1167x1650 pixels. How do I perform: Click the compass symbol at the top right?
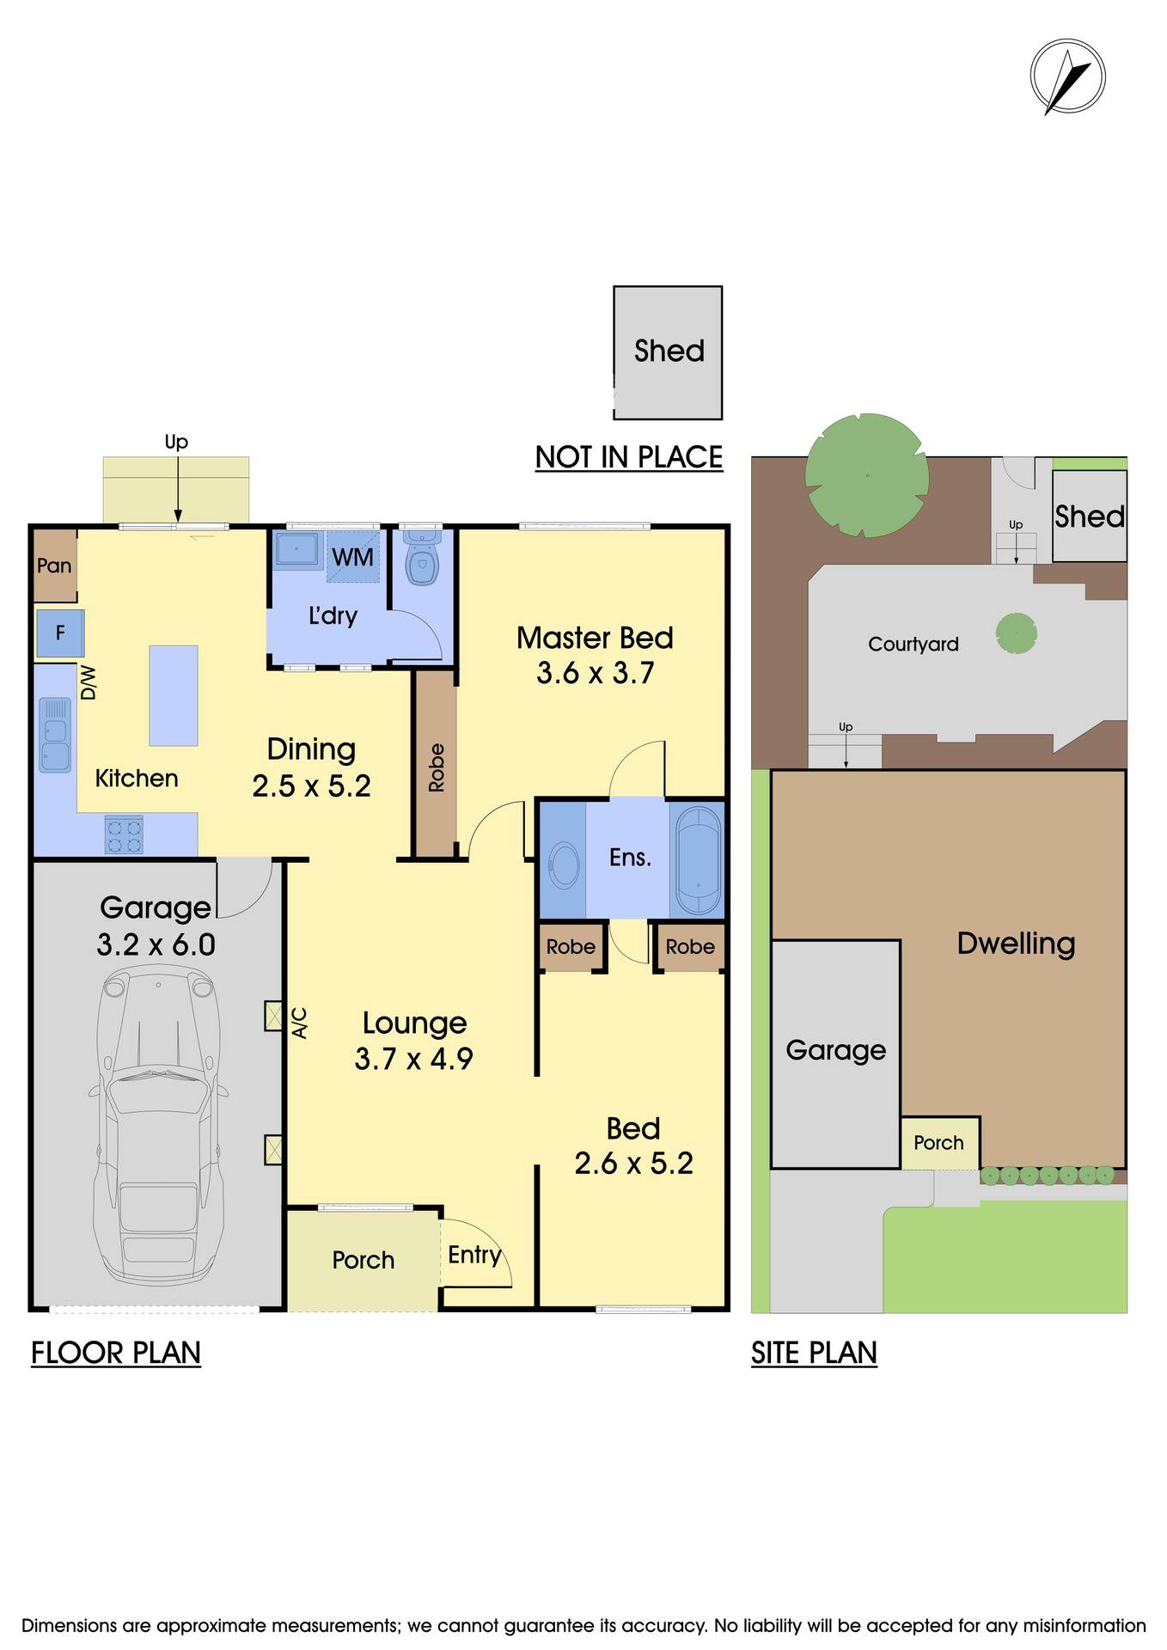coord(1067,77)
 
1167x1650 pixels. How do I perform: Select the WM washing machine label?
coord(352,557)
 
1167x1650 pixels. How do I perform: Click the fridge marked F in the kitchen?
coord(60,633)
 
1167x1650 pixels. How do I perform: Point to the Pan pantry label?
coord(54,565)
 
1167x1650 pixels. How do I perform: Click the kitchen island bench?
coord(174,695)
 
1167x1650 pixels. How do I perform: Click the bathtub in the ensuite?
coord(697,859)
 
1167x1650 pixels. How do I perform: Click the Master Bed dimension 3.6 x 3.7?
coord(595,673)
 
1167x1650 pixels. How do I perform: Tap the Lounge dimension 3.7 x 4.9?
coord(413,1059)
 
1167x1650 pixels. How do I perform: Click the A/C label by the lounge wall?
coord(300,1023)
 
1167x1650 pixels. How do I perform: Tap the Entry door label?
coord(474,1255)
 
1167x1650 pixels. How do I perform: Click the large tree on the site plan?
coord(866,474)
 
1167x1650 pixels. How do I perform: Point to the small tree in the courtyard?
coord(1016,634)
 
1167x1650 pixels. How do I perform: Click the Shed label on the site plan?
coord(1089,516)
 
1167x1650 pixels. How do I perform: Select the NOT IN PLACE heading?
coord(628,457)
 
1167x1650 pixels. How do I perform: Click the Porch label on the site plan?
coord(938,1143)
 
